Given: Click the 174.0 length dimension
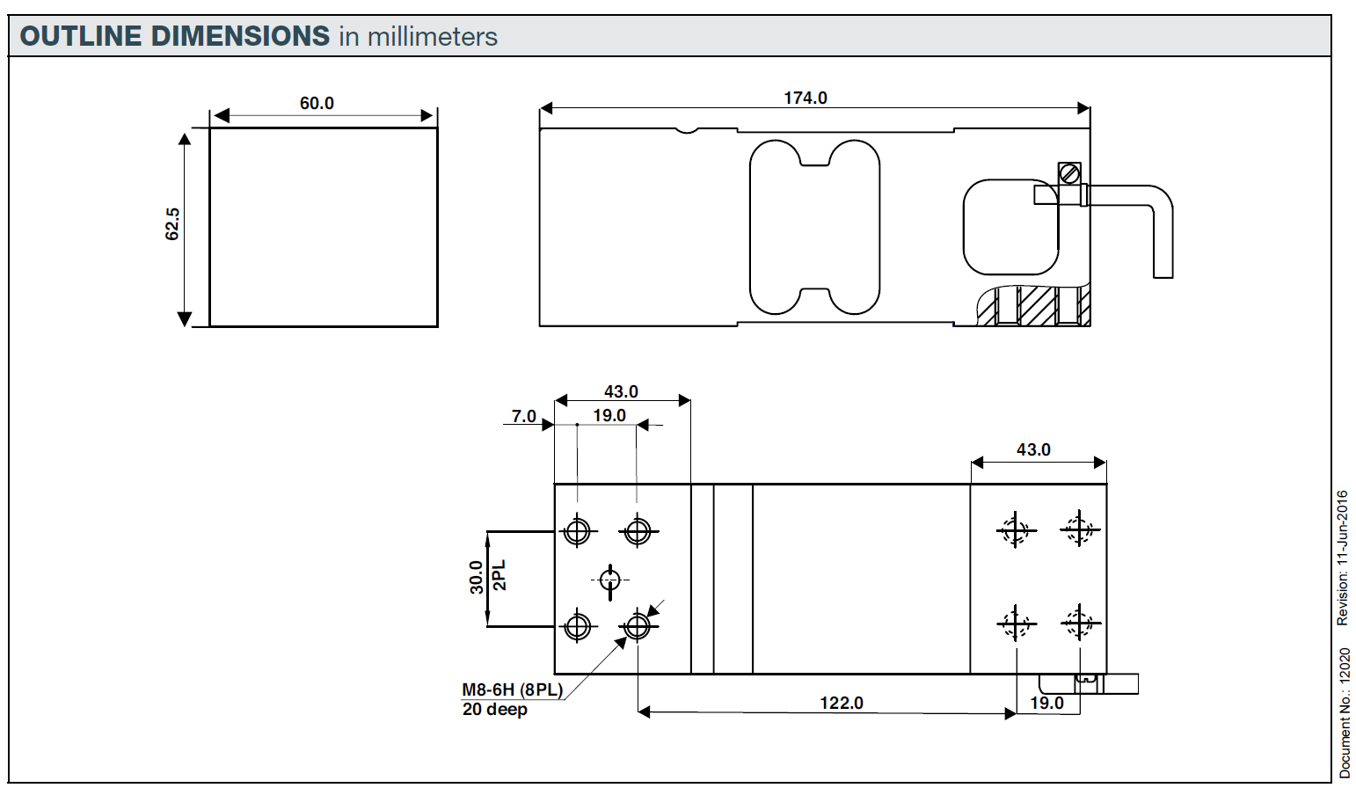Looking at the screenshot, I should [806, 98].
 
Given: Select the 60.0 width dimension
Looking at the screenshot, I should [317, 103].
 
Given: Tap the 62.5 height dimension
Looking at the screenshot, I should [172, 224].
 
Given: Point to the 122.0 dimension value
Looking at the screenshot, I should [842, 703].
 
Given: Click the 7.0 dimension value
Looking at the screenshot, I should [524, 416].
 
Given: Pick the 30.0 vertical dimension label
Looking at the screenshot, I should [477, 578].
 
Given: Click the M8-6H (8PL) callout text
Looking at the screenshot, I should [512, 689].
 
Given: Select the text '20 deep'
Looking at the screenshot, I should [494, 709].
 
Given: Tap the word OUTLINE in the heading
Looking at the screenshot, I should [81, 36].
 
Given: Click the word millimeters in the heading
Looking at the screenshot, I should [432, 37].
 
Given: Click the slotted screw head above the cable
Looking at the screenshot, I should [1069, 173].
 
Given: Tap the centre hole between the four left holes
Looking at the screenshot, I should [609, 580].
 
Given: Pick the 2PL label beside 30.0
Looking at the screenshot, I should [499, 577].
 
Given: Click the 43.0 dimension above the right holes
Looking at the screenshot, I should [1033, 449].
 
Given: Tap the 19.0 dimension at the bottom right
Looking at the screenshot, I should [1046, 703].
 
